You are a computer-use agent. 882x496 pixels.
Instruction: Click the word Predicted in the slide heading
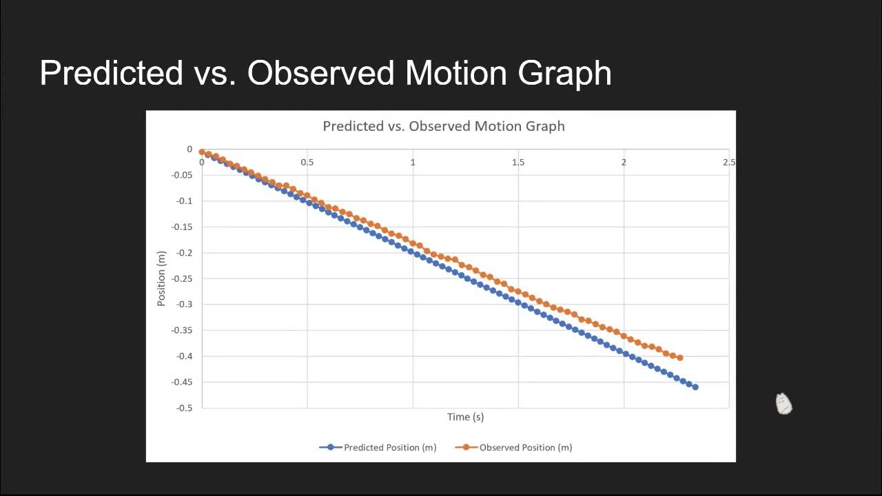pyautogui.click(x=111, y=73)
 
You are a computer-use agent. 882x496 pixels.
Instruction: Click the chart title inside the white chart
pyautogui.click(x=444, y=126)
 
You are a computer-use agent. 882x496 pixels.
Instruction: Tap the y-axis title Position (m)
pyautogui.click(x=162, y=278)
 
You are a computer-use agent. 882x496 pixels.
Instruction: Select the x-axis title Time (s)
pyautogui.click(x=465, y=417)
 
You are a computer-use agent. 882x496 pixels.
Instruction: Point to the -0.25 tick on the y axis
pyautogui.click(x=183, y=278)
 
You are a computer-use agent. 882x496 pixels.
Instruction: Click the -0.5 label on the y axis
pyautogui.click(x=185, y=408)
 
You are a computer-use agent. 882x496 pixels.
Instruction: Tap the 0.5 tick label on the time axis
pyautogui.click(x=307, y=163)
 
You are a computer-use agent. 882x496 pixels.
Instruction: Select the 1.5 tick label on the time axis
pyautogui.click(x=518, y=163)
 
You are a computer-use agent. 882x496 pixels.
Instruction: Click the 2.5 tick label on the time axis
pyautogui.click(x=729, y=163)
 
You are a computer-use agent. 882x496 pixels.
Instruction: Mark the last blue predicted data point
pyautogui.click(x=695, y=387)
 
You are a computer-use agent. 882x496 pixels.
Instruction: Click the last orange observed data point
pyautogui.click(x=680, y=358)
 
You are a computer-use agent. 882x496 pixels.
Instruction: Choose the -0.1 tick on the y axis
pyautogui.click(x=185, y=201)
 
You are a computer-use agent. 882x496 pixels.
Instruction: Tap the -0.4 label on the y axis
pyautogui.click(x=185, y=356)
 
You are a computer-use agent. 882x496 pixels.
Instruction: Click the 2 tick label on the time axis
pyautogui.click(x=624, y=163)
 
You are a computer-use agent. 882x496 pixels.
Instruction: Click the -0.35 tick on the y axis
pyautogui.click(x=183, y=330)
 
